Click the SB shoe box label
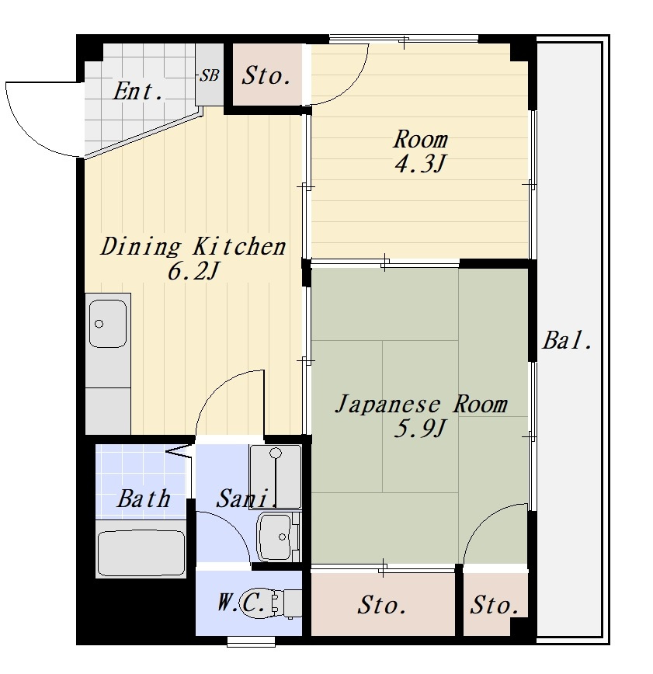(x=210, y=75)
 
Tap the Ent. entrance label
(x=138, y=91)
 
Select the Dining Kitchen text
(x=193, y=246)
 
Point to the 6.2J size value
(x=193, y=271)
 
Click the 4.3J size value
(x=419, y=163)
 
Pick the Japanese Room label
(x=422, y=404)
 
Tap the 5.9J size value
(x=420, y=428)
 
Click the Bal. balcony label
(x=568, y=340)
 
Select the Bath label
(x=144, y=499)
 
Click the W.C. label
(x=241, y=603)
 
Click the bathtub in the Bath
(x=141, y=553)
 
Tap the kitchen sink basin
(x=108, y=324)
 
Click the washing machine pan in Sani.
(x=275, y=477)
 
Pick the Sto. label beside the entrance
(x=266, y=75)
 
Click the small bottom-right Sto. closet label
(x=495, y=605)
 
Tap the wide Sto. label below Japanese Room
(x=382, y=605)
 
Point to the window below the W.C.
(x=251, y=641)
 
